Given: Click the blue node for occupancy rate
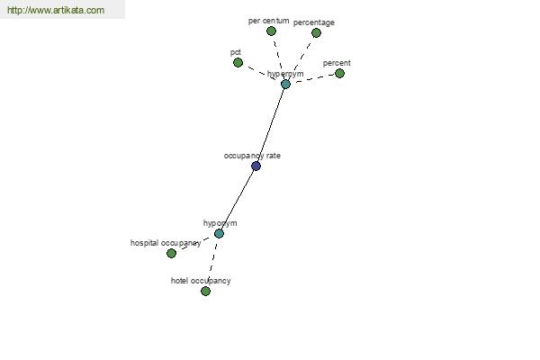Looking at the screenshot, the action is point(256,166).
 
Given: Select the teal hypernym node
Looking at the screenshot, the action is point(285,84).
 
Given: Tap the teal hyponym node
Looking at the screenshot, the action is point(219,234).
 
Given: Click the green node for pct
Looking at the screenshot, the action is point(238,63).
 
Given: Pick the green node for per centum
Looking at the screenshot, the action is point(272,31).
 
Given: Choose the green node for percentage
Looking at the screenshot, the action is point(316,32).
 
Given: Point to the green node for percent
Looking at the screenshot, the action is point(339,74).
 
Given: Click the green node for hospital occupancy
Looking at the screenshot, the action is point(172,253).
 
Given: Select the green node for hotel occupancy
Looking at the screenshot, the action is point(205,291).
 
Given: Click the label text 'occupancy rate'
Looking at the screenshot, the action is point(252,156).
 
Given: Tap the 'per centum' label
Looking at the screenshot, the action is point(268,21).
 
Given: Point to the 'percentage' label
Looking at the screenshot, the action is point(314,22).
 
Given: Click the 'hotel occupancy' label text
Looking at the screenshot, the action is point(201,281).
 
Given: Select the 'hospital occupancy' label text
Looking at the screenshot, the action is point(166,243).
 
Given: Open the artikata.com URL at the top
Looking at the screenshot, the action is point(56,10).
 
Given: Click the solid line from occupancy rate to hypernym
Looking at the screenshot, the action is point(271,125).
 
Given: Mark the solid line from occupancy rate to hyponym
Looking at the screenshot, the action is point(238,200).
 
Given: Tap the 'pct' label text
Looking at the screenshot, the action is point(236,52).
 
